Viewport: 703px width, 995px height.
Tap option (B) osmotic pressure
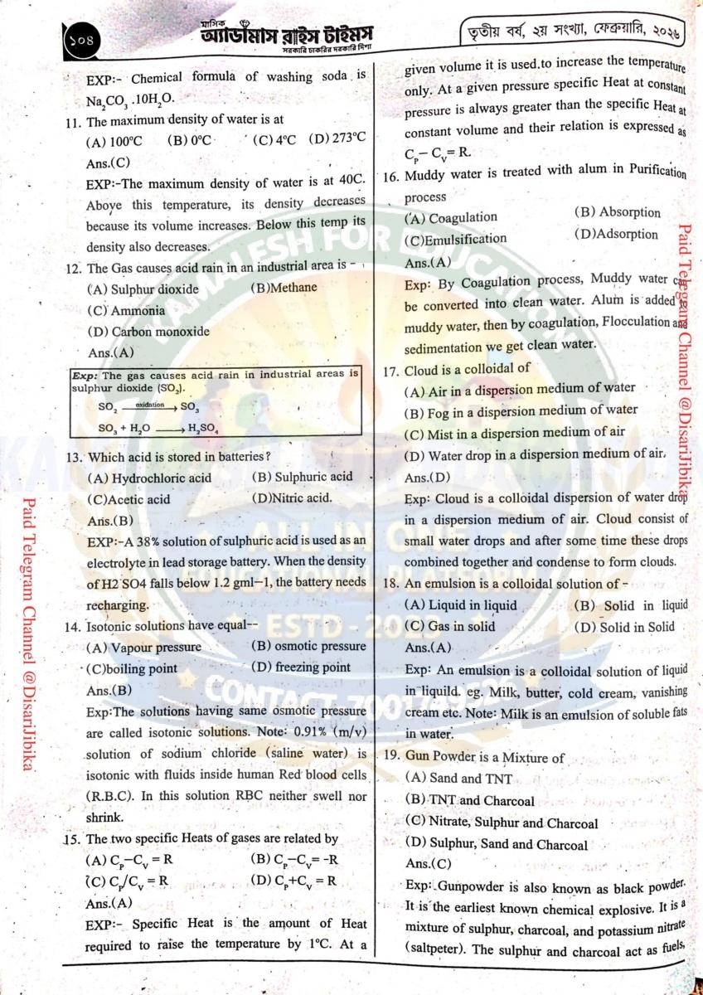[308, 646]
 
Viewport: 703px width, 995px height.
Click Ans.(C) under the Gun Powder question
[428, 864]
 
